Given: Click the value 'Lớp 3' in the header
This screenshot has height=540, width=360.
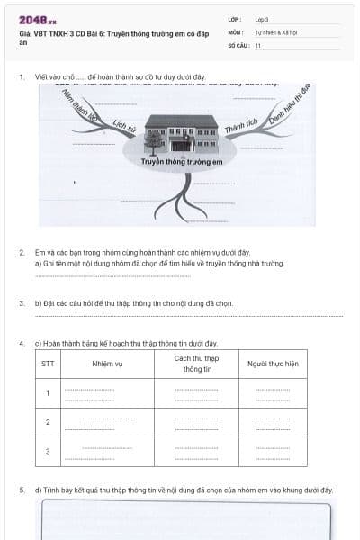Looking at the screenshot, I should coord(262,19).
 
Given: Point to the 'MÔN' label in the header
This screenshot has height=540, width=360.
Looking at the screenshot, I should coord(236,31).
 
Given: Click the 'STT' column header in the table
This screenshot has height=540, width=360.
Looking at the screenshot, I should coord(48,364).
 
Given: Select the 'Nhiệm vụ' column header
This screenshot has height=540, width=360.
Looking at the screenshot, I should coord(107,364).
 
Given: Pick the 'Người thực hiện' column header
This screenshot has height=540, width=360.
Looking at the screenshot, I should coord(273,364).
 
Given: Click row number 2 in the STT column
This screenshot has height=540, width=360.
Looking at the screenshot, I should coord(48,421).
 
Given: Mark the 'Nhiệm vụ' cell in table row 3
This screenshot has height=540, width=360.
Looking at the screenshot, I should coord(107,451).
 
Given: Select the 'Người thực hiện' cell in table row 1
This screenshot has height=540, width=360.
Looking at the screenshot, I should coord(273,392).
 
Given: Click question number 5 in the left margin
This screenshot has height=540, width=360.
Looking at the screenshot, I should coord(22,490).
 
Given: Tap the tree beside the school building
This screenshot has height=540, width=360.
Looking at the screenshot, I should coord(154,141).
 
